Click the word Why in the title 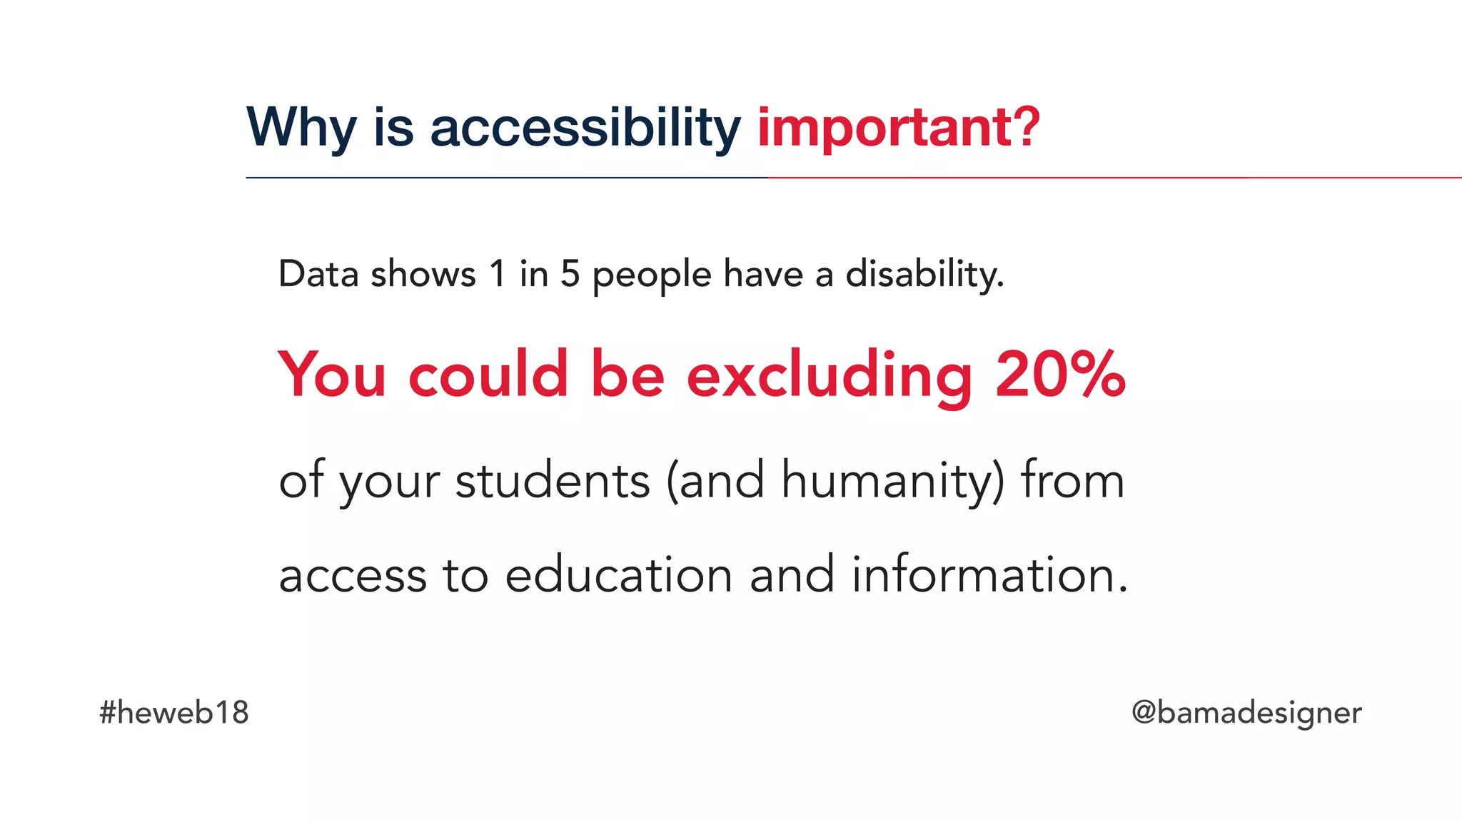coord(301,128)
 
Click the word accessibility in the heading coord(585,128)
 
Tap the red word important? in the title coord(898,128)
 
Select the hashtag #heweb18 coord(174,713)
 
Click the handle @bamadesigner coord(1246,713)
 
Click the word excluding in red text coord(829,375)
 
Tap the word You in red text coord(332,375)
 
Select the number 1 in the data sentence coord(498,274)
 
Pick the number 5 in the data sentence coord(570,274)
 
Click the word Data coord(318,274)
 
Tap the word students coord(553,480)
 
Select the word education coord(618,575)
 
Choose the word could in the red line coord(488,375)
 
